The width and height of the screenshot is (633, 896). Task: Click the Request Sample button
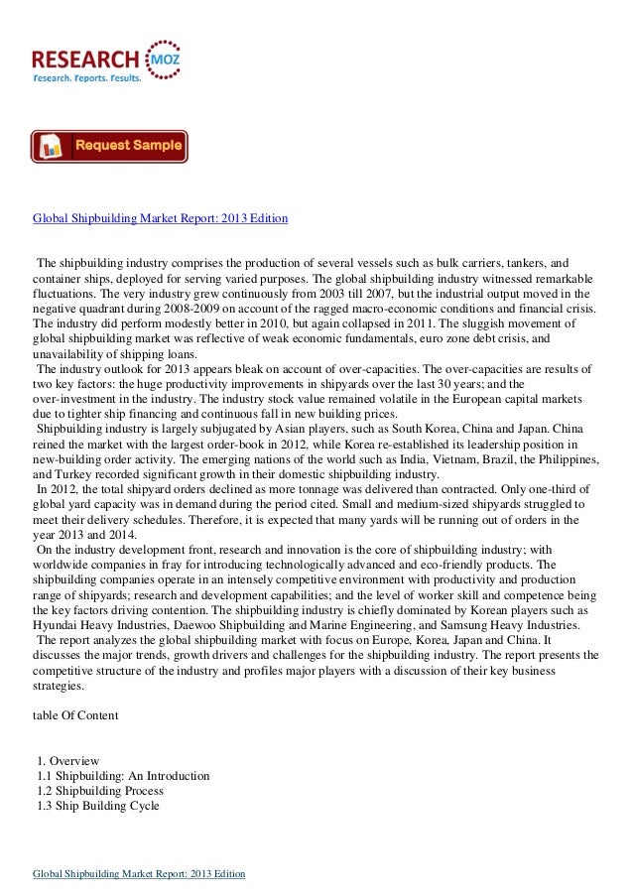109,147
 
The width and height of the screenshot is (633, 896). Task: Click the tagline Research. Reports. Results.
87,76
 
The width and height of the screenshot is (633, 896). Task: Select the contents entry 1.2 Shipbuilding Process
99,791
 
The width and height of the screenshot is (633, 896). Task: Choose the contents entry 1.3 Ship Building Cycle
96,807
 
